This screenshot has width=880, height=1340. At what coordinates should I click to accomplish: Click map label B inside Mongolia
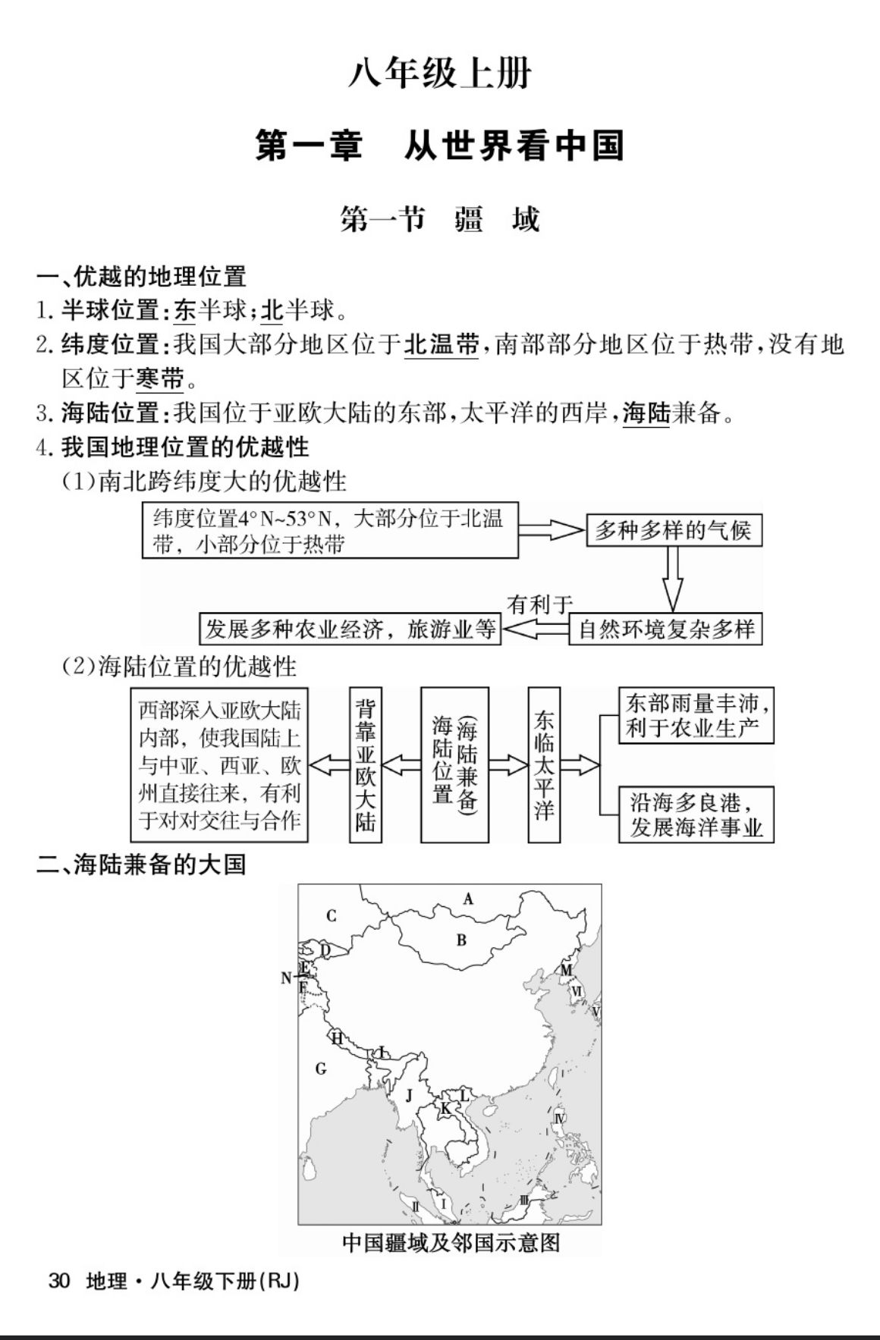click(461, 940)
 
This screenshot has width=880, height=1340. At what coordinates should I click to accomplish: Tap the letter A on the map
click(468, 899)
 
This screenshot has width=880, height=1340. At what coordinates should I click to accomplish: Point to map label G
click(321, 1069)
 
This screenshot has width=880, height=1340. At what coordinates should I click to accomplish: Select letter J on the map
click(409, 1095)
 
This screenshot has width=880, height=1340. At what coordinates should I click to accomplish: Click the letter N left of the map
click(286, 978)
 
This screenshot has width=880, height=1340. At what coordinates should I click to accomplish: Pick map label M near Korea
click(566, 970)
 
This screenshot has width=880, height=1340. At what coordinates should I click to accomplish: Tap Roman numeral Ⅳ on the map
click(559, 1118)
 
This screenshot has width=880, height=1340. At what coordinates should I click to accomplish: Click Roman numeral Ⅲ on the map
click(523, 1201)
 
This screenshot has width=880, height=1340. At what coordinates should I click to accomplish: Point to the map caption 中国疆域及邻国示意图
click(451, 1243)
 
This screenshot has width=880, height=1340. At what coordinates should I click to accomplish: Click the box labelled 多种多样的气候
click(673, 530)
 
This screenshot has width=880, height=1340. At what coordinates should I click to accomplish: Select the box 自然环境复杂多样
click(665, 629)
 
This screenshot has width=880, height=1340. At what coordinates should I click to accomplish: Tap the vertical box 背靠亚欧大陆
click(366, 764)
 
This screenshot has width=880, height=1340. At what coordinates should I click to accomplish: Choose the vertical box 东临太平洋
click(544, 764)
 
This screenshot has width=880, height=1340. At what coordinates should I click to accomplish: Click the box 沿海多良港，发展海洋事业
click(696, 814)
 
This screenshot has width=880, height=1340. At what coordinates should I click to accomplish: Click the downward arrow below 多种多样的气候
click(673, 579)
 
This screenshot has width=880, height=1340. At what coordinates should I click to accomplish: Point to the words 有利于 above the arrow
click(539, 604)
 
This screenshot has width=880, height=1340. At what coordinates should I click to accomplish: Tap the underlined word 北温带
click(441, 345)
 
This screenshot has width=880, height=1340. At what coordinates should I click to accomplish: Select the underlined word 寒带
click(160, 378)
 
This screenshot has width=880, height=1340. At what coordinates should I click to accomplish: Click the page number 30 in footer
click(58, 1281)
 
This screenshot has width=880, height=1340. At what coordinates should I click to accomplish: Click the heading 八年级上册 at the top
click(440, 74)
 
